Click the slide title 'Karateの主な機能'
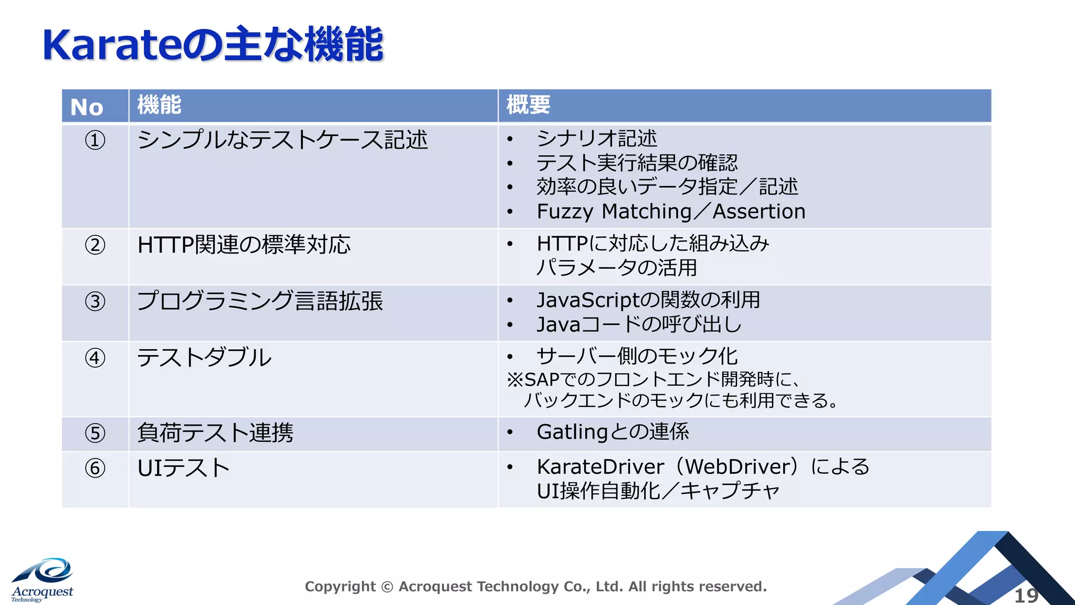coord(213,45)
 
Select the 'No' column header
coord(87,107)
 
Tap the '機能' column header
coord(159,105)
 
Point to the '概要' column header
coord(528,105)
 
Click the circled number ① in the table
coord(95,140)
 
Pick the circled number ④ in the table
coord(95,358)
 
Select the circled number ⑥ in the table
coord(95,468)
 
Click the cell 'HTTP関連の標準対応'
coord(244,245)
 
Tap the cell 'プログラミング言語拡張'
coord(260,301)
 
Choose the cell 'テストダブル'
coord(205,358)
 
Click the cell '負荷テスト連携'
coord(215,433)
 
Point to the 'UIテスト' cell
coord(184,468)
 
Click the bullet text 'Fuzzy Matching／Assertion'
coord(671,212)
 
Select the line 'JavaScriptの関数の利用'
coord(648,300)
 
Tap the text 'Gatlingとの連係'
coord(613,432)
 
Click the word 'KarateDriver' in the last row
coord(600,467)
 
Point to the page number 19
coord(1026,596)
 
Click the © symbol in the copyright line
coord(387,587)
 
